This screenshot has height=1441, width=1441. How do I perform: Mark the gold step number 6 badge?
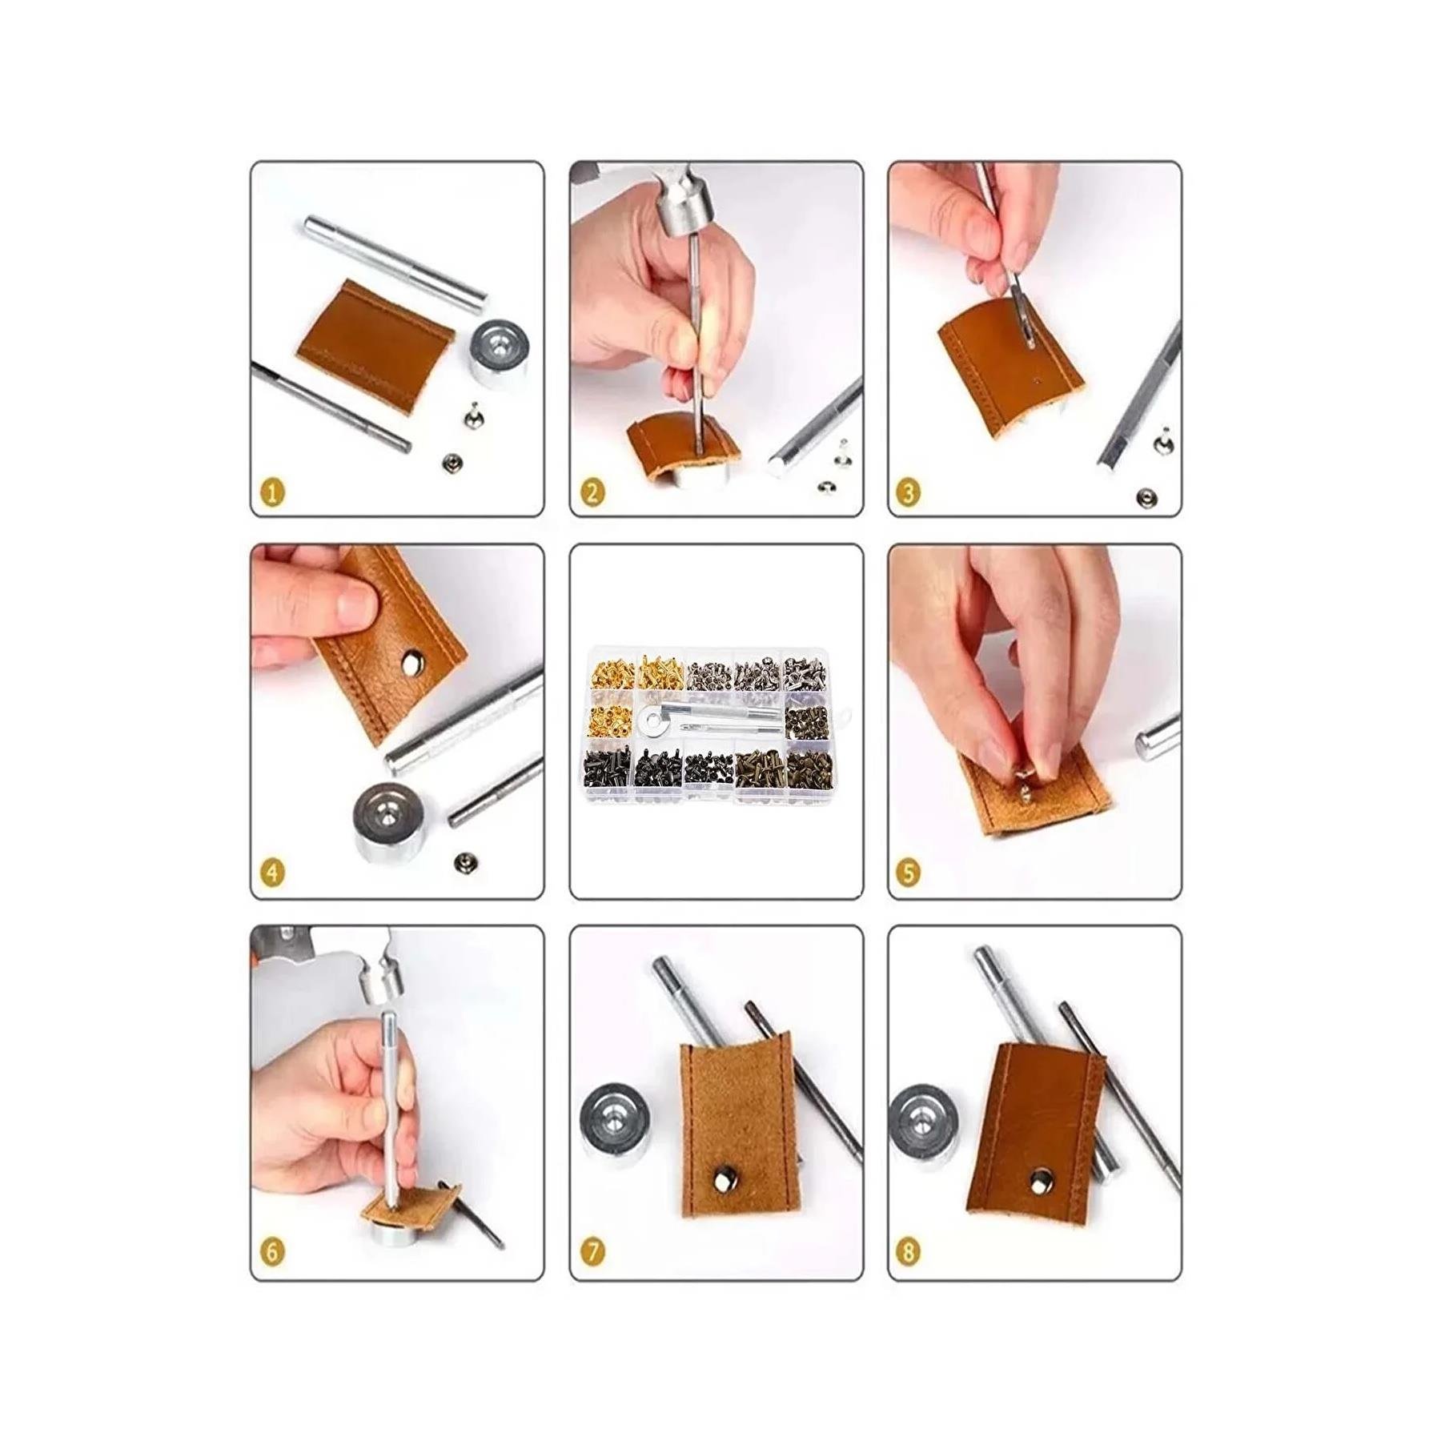(x=273, y=1251)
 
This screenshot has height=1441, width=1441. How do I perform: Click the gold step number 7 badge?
(x=592, y=1251)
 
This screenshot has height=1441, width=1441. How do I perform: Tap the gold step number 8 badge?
(x=908, y=1251)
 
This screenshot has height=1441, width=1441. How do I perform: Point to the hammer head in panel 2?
(x=685, y=215)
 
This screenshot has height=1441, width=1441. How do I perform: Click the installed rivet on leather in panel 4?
(x=413, y=661)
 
